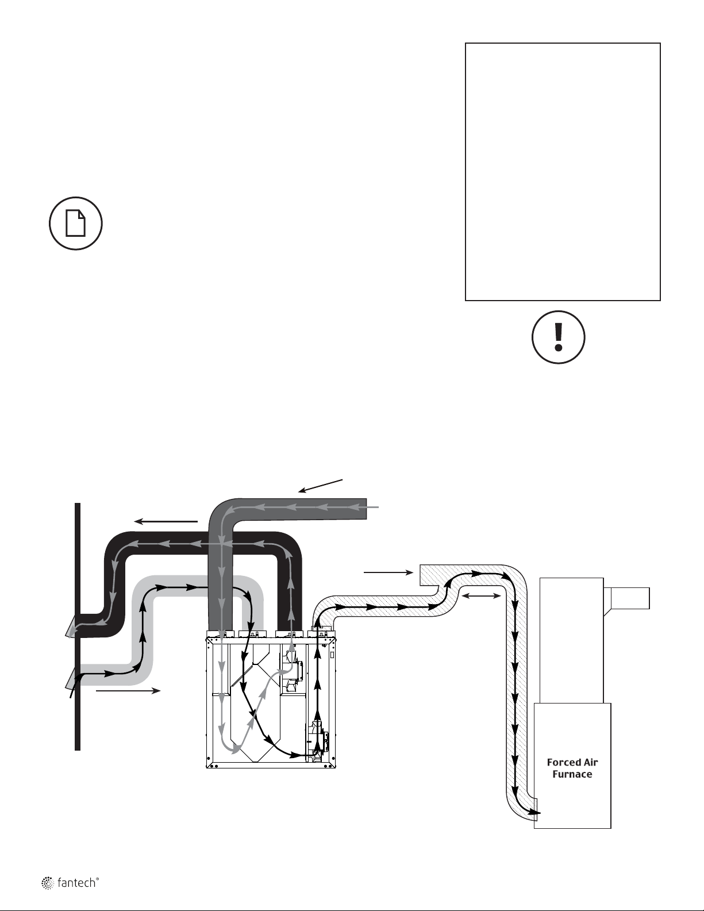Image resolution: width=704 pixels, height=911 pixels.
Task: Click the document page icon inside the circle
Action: pyautogui.click(x=76, y=224)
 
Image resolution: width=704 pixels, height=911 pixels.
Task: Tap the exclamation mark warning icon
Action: pyautogui.click(x=558, y=337)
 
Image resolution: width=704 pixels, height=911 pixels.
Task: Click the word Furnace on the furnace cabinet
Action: pyautogui.click(x=572, y=774)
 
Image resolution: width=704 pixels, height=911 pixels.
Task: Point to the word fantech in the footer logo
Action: pyautogui.click(x=76, y=883)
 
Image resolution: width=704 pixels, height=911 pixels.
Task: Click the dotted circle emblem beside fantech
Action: pyautogui.click(x=47, y=882)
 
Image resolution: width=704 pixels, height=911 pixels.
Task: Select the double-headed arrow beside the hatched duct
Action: pyautogui.click(x=480, y=595)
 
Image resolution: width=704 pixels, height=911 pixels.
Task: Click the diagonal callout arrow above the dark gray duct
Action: pyautogui.click(x=321, y=486)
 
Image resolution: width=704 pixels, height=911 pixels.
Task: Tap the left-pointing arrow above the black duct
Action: pyautogui.click(x=166, y=521)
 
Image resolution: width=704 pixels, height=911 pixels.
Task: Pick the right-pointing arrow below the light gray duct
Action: pyautogui.click(x=128, y=690)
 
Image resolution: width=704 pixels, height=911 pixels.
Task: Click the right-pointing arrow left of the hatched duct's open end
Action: pyautogui.click(x=388, y=572)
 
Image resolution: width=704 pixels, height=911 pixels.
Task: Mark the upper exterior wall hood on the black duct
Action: pyautogui.click(x=72, y=627)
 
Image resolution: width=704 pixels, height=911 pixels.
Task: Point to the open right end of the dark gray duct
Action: pyautogui.click(x=366, y=509)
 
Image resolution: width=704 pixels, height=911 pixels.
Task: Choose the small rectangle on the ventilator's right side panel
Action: pyautogui.click(x=332, y=655)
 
